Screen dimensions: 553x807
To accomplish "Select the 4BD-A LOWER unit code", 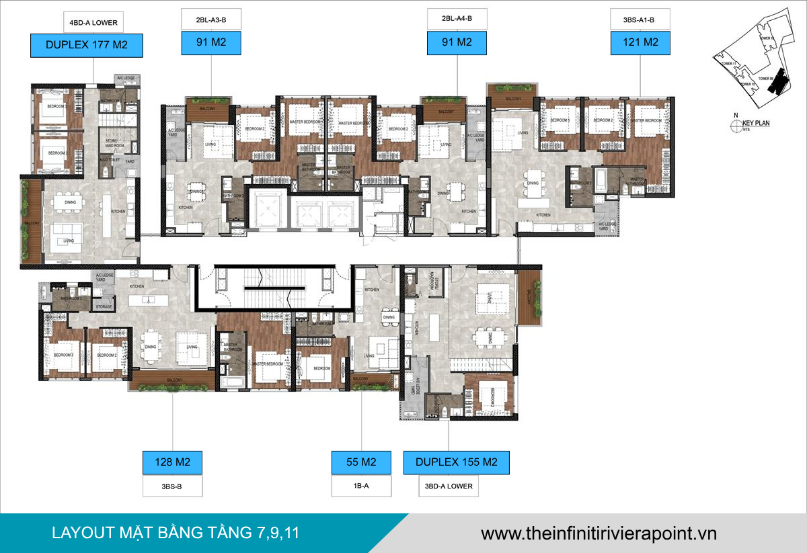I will [x=93, y=22].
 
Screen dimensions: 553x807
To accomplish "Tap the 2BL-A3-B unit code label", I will [x=210, y=19].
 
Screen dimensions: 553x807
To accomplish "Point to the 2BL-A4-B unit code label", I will [x=457, y=19].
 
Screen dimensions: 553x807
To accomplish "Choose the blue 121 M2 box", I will [x=641, y=42].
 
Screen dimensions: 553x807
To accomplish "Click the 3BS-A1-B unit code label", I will [x=640, y=19].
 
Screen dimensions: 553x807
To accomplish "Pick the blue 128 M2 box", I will [x=172, y=462].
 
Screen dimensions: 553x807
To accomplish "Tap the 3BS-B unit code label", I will [x=172, y=486].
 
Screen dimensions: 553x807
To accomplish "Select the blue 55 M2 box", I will [x=362, y=462].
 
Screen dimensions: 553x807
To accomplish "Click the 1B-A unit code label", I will [x=362, y=486].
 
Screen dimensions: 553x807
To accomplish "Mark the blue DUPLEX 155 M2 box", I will [x=456, y=462].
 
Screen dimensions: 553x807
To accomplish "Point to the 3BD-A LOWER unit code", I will [x=449, y=486].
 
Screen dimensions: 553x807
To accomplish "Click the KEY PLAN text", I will [x=756, y=124].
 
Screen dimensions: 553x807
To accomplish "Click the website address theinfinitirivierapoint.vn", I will [x=599, y=534].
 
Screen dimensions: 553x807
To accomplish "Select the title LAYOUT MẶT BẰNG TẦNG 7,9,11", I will [x=176, y=534].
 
